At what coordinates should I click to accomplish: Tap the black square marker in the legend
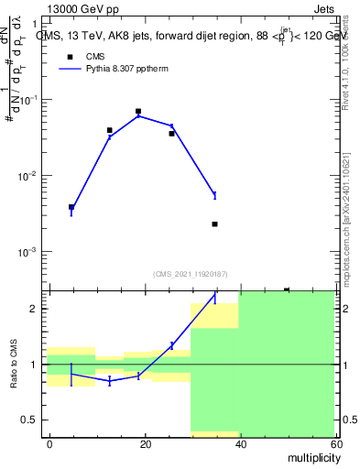[x=70, y=56]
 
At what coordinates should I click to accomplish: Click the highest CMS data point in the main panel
[x=138, y=112]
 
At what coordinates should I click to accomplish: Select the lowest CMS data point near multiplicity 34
[x=214, y=224]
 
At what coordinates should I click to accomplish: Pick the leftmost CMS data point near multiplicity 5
[x=71, y=207]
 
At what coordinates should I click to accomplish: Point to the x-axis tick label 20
[x=144, y=443]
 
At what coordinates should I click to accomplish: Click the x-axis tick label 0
[x=49, y=443]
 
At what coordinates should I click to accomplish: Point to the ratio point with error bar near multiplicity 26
[x=171, y=345]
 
